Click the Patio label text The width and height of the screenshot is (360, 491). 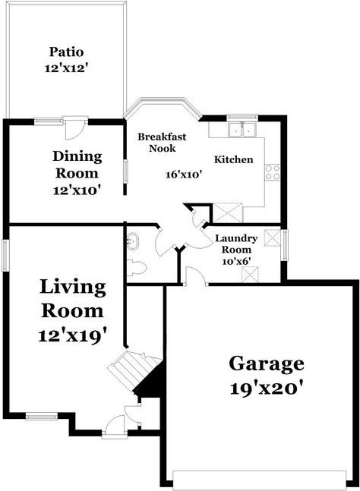pyautogui.click(x=66, y=52)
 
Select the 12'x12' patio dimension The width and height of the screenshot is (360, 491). pyautogui.click(x=66, y=68)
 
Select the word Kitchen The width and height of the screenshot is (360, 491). pyautogui.click(x=233, y=160)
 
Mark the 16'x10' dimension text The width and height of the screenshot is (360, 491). pyautogui.click(x=183, y=174)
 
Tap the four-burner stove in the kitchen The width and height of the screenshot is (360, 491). pyautogui.click(x=273, y=172)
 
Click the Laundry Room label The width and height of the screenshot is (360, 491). pyautogui.click(x=236, y=244)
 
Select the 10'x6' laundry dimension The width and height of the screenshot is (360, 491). pyautogui.click(x=236, y=261)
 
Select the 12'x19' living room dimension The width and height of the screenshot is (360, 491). pyautogui.click(x=72, y=333)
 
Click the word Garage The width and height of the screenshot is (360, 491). pyautogui.click(x=267, y=364)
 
